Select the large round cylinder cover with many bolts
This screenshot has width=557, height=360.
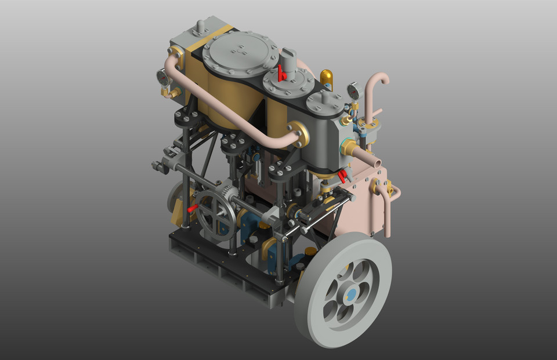coord(238,52)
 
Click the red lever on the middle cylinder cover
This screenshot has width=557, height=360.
coord(281,74)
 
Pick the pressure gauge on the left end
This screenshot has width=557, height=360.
coord(164,77)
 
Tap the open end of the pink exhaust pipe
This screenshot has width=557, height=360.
coord(377,165)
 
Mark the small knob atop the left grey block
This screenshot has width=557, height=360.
coord(200,26)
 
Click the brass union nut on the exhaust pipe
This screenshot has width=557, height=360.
coord(350,147)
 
